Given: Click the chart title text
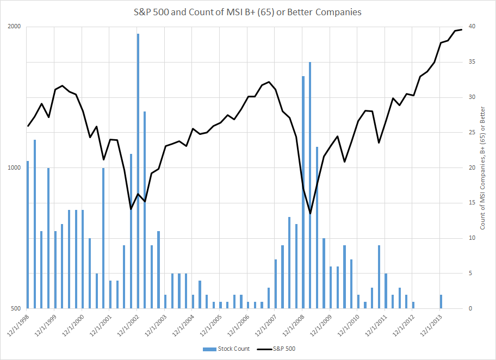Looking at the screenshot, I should click(x=248, y=11).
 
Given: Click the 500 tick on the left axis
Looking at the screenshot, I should click(x=16, y=309).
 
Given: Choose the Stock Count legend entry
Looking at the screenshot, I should click(x=225, y=349).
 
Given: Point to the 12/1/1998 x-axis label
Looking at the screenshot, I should click(x=18, y=325).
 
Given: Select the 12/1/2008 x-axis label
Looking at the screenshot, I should click(x=294, y=325).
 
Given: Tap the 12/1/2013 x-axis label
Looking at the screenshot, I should click(x=431, y=325).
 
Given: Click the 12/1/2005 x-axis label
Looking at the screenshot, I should click(x=211, y=325).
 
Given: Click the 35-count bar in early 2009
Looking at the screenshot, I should click(x=310, y=185).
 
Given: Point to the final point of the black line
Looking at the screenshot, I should click(x=462, y=29).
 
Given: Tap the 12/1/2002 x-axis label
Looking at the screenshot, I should click(x=128, y=325).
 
